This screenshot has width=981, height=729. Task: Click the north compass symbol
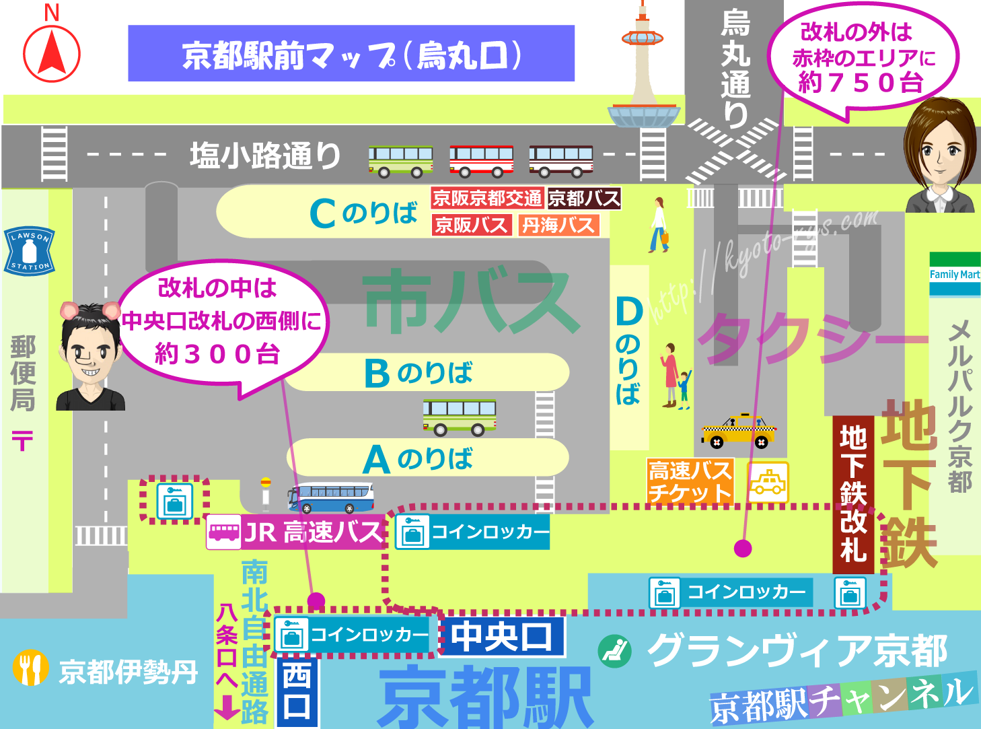[x=52, y=52]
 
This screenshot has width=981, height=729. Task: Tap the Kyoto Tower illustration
[x=643, y=74]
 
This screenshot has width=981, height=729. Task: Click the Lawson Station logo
[x=29, y=250]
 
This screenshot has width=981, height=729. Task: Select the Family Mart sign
[x=955, y=274]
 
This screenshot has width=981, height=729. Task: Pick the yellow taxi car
[x=739, y=431]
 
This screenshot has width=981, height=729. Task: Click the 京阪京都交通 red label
[x=487, y=198]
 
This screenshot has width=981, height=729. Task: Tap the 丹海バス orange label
[x=558, y=225]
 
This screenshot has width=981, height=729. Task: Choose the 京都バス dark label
[x=584, y=198]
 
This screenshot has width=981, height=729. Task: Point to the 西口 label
[x=297, y=692]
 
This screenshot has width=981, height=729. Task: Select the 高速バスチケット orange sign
[x=690, y=481]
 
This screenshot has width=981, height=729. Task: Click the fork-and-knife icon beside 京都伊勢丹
[x=30, y=668]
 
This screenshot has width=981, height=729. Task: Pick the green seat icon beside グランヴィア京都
[x=614, y=651]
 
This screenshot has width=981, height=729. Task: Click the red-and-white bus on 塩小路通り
[x=481, y=161]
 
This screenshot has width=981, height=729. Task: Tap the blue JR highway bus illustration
[x=331, y=498]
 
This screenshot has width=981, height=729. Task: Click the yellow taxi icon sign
[x=768, y=482]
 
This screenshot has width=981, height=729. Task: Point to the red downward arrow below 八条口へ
[x=227, y=707]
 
